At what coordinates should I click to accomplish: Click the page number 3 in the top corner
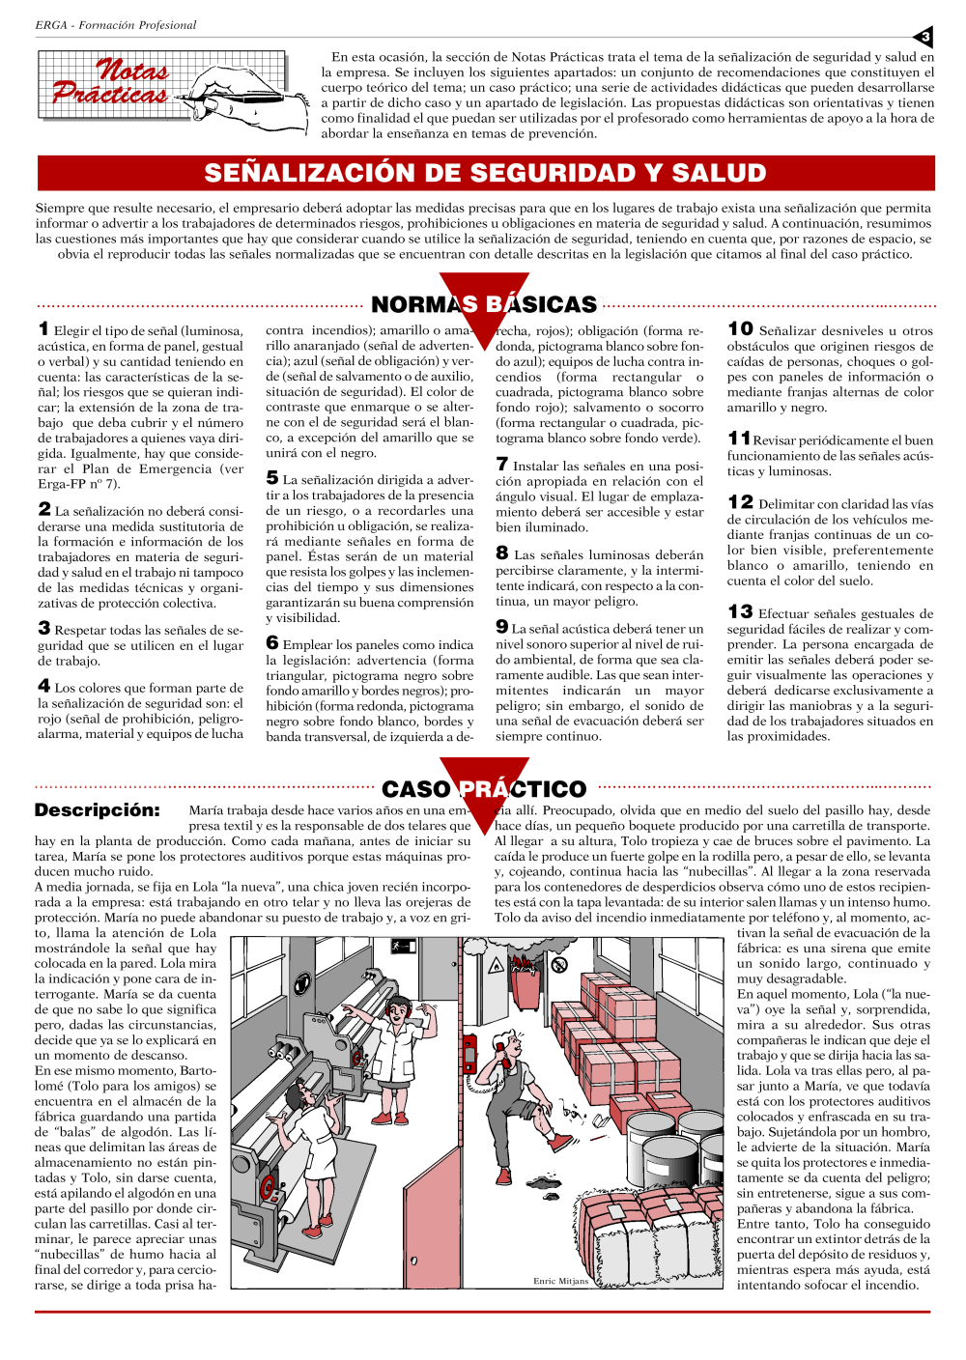[x=924, y=38]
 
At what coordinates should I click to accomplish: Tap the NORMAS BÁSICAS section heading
[x=484, y=304]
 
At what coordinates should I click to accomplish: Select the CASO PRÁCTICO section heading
[x=484, y=789]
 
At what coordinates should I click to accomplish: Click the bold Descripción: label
[x=97, y=810]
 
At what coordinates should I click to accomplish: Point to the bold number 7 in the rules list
[x=501, y=465]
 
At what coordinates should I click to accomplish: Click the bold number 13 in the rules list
[x=740, y=612]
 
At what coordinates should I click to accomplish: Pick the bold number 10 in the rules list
[x=740, y=329]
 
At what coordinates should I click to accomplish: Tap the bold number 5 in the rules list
[x=272, y=478]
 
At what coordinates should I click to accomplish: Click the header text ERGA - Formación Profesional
[x=116, y=25]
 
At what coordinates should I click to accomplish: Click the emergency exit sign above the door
[x=403, y=947]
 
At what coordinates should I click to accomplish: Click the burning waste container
[x=526, y=980]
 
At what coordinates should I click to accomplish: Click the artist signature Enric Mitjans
[x=560, y=1281]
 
